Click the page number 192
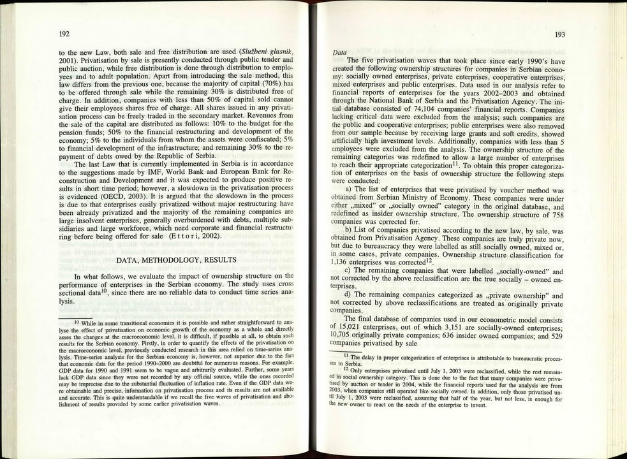[64, 33]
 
